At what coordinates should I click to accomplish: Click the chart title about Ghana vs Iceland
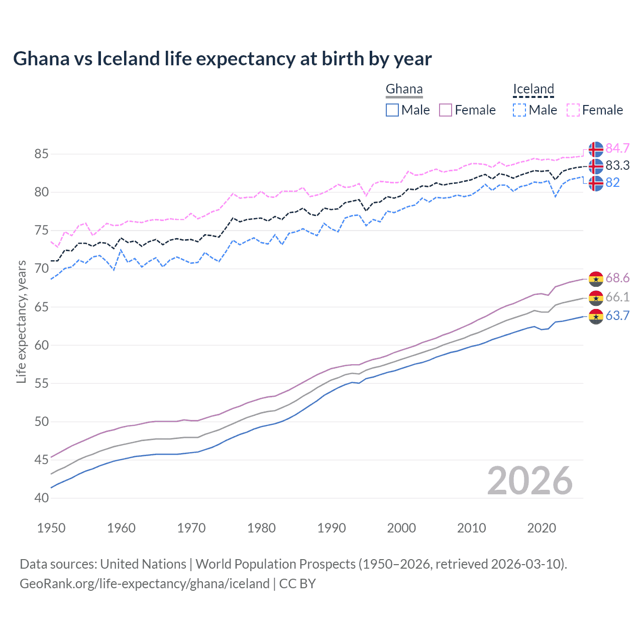click(x=222, y=59)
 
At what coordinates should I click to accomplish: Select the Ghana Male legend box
click(x=392, y=110)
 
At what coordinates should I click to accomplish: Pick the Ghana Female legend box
click(x=446, y=110)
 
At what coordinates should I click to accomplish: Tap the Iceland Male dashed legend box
click(x=519, y=110)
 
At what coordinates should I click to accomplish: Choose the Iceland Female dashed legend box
click(x=573, y=110)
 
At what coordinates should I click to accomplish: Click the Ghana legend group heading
click(x=404, y=89)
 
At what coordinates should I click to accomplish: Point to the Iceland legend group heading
click(x=533, y=89)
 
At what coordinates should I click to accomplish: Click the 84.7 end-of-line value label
click(x=617, y=148)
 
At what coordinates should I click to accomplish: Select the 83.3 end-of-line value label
click(x=617, y=165)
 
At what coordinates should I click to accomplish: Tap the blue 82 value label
click(x=612, y=182)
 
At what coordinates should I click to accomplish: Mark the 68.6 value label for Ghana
click(x=617, y=278)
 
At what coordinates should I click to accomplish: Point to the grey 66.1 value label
click(x=617, y=297)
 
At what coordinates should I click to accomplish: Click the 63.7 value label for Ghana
click(x=617, y=315)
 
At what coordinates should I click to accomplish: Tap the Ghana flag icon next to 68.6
click(x=596, y=278)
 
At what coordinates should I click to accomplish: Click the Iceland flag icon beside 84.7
click(x=596, y=149)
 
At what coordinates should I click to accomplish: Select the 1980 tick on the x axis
click(x=261, y=528)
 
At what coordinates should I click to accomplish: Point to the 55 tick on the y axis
click(x=42, y=383)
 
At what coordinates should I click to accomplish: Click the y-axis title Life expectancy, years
click(x=22, y=321)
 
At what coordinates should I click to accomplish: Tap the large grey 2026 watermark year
click(x=529, y=481)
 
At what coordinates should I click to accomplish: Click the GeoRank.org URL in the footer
click(x=145, y=584)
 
